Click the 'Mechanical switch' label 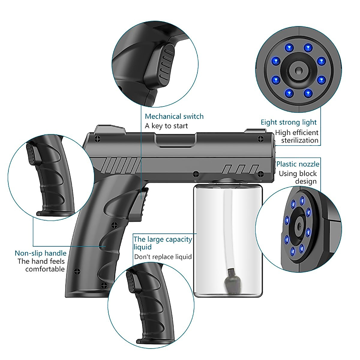click(174, 116)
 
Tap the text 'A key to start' click(166, 126)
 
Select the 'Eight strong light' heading click(288, 122)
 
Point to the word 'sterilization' click(299, 140)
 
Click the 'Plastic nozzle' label click(298, 164)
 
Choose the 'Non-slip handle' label click(40, 253)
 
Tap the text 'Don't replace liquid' click(163, 257)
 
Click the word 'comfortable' click(45, 269)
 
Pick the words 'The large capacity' click(163, 239)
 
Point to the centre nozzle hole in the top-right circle click(298, 71)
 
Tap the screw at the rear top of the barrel click(97, 138)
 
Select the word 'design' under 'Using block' click(306, 181)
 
